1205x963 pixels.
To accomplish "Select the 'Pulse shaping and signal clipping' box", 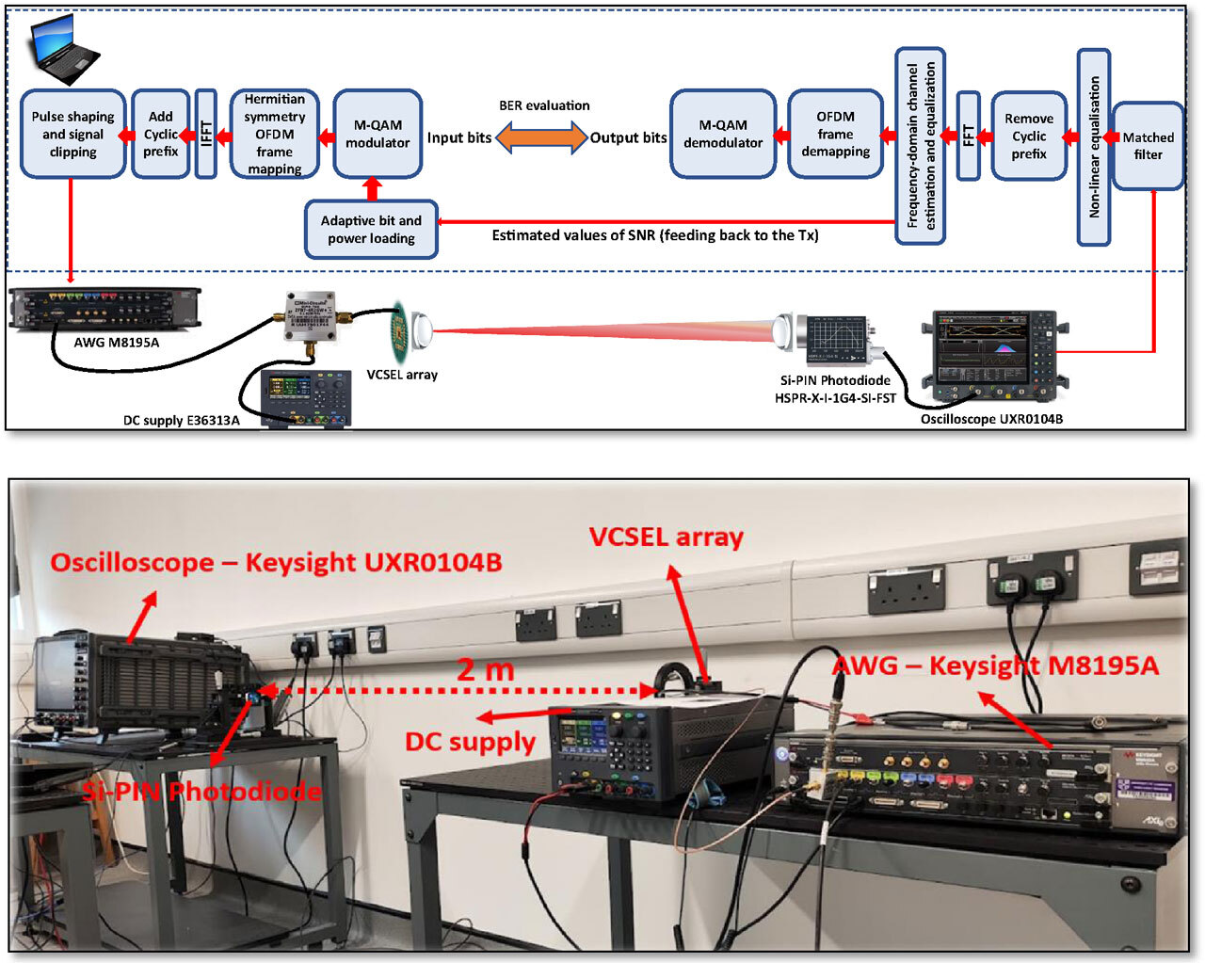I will [72, 134].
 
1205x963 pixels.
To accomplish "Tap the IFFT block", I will [206, 134].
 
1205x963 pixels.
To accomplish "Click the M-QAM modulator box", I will [377, 134].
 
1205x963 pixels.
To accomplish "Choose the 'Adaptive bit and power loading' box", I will [371, 230].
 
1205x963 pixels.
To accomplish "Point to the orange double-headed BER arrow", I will [541, 137].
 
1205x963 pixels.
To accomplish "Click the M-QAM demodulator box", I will [723, 134].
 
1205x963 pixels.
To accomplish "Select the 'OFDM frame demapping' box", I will [835, 134].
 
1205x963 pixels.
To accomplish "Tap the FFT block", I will [968, 136].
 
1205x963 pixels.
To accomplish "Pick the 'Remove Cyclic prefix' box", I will [1028, 136].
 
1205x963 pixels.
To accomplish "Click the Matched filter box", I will [1148, 146].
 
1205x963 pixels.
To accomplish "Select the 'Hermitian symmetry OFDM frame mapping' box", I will [274, 134].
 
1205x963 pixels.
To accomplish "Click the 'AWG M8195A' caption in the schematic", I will [117, 343].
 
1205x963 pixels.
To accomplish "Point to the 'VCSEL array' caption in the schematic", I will [402, 375].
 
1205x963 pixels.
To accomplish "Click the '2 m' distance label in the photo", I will [486, 670].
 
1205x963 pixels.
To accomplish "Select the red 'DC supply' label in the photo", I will [470, 742].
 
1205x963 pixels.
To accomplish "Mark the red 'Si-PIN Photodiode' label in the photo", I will [201, 792].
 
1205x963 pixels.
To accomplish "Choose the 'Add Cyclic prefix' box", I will [160, 134].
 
